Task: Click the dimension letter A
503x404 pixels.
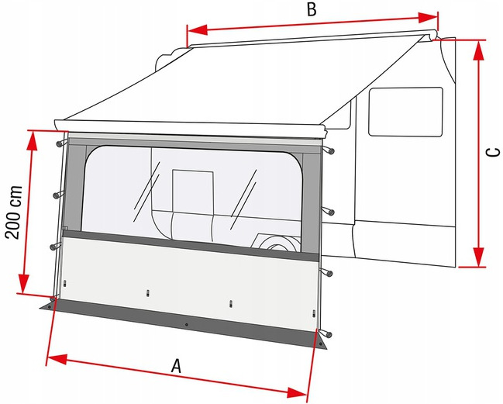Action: (176, 366)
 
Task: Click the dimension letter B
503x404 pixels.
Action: (312, 9)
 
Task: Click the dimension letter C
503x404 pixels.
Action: (493, 153)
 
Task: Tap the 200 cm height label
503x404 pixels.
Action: (14, 212)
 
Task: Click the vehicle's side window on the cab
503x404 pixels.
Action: (405, 112)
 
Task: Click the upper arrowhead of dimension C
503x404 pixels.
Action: (479, 50)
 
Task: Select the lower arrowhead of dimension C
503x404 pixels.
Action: (479, 257)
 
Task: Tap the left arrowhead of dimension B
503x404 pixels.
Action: (197, 29)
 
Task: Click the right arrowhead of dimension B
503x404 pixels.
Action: (428, 18)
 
